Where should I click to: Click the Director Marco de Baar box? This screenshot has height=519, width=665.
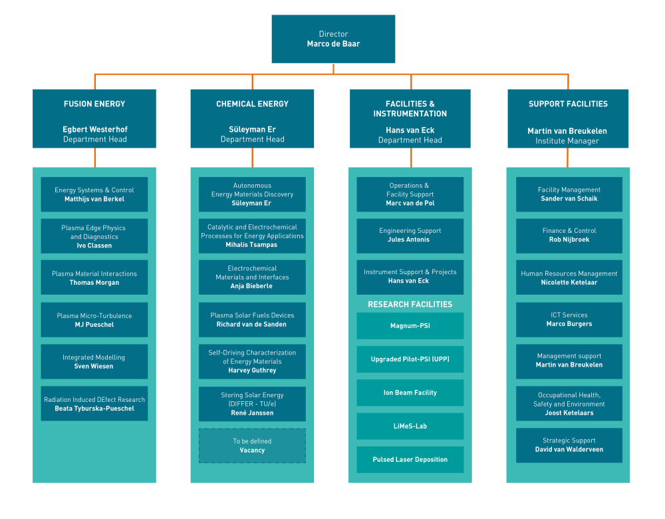pos(333,39)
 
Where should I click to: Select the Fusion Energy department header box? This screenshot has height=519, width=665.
pos(94,118)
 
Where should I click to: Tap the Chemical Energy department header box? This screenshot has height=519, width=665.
pos(252,118)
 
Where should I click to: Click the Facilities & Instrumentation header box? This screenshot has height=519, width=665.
pos(410,118)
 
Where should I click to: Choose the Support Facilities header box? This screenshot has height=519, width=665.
pos(567,118)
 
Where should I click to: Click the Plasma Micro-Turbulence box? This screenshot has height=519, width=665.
pos(94,320)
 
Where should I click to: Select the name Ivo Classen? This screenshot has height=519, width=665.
pos(94,246)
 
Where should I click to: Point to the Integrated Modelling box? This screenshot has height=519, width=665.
pos(94,361)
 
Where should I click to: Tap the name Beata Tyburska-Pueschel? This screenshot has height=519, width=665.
pos(94,409)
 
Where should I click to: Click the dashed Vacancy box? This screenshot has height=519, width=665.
pos(252,446)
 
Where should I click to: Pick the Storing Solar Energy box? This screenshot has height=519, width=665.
pos(252,404)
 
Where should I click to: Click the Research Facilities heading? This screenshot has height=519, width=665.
pos(410,304)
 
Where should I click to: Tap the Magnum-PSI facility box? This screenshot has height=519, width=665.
pos(410,326)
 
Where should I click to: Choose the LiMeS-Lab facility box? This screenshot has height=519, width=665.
pos(410,426)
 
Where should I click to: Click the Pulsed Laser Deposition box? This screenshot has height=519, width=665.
pos(410,459)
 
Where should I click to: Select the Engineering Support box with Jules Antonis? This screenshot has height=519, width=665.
pos(410,235)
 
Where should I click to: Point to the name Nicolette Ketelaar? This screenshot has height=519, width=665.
pos(569,282)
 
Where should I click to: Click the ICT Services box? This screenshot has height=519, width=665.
pos(569,319)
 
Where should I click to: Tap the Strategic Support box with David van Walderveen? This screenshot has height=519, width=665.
pos(569,444)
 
